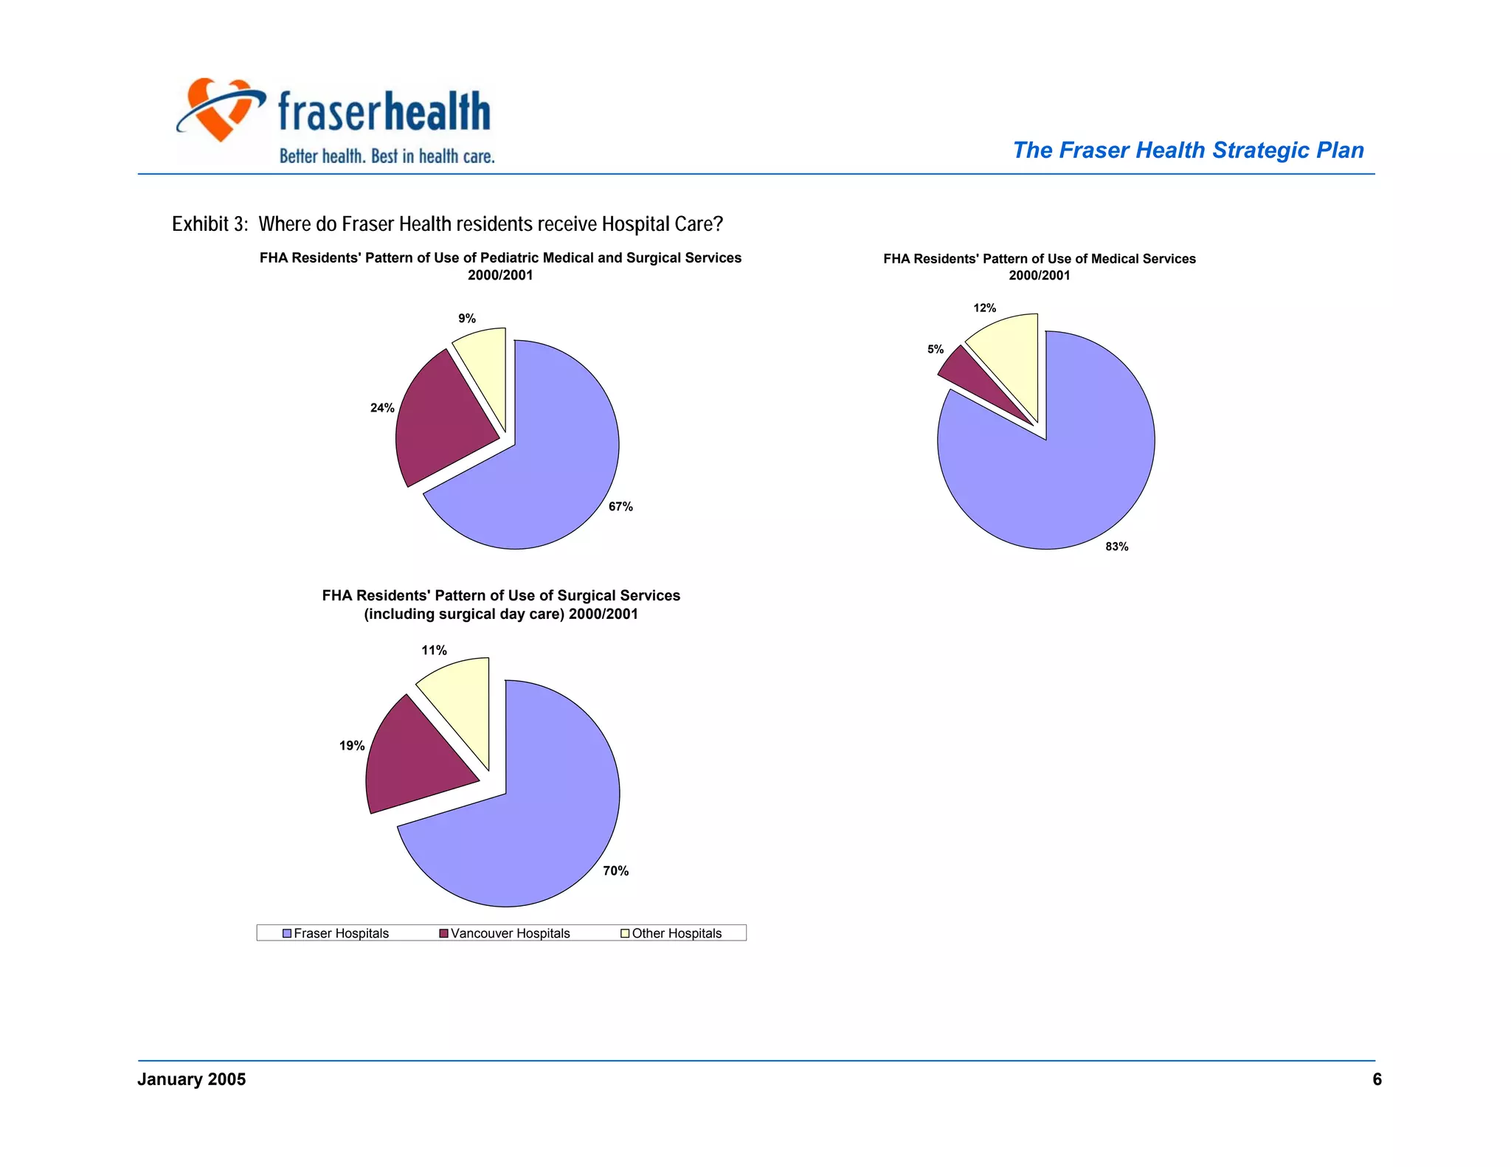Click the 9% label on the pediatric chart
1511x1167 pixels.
466,319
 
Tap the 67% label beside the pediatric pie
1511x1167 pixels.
620,507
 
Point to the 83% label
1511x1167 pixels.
1116,547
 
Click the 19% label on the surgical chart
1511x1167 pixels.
352,746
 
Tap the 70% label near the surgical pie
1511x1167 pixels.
615,871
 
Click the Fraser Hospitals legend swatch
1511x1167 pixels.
287,934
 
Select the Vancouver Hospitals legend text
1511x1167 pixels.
510,934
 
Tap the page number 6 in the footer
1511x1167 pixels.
1377,1080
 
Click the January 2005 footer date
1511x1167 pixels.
191,1080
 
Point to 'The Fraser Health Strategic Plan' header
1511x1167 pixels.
1188,150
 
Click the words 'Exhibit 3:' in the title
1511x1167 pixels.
210,224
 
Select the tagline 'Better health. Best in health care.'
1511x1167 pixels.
387,156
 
